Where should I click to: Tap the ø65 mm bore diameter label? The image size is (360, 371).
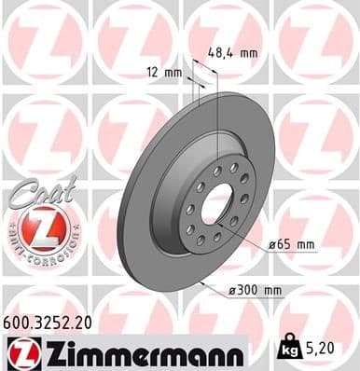click(293, 244)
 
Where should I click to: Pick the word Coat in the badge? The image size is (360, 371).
click(38, 192)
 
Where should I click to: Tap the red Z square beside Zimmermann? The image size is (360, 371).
click(20, 353)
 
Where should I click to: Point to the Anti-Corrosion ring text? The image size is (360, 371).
click(40, 251)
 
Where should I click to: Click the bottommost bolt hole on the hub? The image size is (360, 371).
click(203, 244)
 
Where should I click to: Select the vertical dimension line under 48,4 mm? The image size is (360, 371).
click(218, 112)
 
